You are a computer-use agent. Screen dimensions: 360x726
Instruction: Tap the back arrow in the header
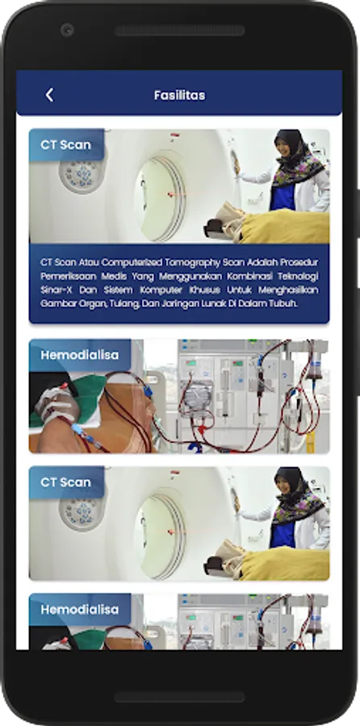pyautogui.click(x=49, y=95)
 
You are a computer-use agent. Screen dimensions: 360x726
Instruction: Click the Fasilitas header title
pyautogui.click(x=180, y=95)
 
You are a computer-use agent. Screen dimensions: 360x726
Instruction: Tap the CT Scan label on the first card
pyautogui.click(x=66, y=145)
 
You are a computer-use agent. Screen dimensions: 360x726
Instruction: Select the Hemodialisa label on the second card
pyautogui.click(x=80, y=355)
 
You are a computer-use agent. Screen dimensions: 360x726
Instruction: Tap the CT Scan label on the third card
pyautogui.click(x=66, y=482)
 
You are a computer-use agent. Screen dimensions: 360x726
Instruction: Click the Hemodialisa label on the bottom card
pyautogui.click(x=80, y=609)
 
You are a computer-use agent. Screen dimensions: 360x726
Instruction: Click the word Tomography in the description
pyautogui.click(x=196, y=262)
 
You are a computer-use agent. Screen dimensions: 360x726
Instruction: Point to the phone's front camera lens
pyautogui.click(x=67, y=31)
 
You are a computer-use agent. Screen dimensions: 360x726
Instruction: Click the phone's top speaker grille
pyautogui.click(x=180, y=31)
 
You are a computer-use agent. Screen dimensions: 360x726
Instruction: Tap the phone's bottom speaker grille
pyautogui.click(x=180, y=697)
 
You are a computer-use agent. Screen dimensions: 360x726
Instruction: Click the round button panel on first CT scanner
pyautogui.click(x=83, y=176)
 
